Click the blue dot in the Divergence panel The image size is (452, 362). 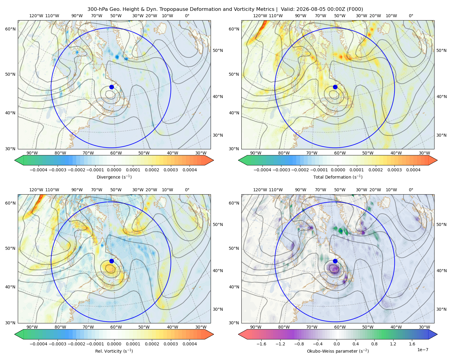[111, 87]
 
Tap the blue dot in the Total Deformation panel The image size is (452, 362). [335, 87]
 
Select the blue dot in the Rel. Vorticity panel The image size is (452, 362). [111, 261]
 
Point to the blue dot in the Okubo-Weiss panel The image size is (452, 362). [335, 261]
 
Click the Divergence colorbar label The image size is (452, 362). [114, 177]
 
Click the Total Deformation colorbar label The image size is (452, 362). [338, 177]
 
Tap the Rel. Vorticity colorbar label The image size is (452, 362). [114, 351]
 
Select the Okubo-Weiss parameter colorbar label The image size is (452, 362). [338, 351]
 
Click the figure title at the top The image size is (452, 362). [225, 9]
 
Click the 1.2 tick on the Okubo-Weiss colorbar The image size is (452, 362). [393, 344]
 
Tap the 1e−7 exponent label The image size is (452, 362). [422, 350]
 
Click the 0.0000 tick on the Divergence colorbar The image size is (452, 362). [114, 170]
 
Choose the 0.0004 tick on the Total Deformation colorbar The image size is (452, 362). [413, 170]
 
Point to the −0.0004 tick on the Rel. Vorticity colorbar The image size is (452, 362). [39, 344]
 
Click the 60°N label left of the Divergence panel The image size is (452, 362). [10, 29]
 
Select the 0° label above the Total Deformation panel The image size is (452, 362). [411, 16]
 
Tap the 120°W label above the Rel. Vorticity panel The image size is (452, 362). [36, 189]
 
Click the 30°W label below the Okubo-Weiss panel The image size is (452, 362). [424, 327]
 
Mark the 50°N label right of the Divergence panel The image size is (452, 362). [218, 50]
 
